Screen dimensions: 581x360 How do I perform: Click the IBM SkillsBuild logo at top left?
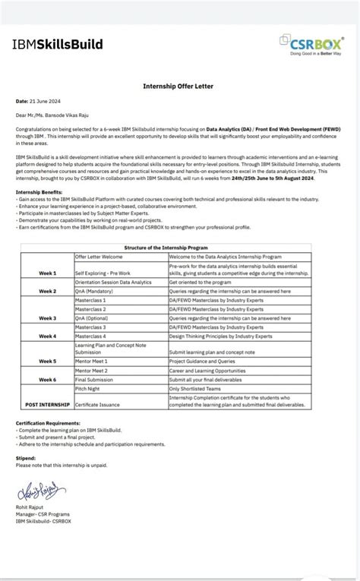(57, 45)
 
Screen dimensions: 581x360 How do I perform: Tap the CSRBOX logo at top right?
(310, 45)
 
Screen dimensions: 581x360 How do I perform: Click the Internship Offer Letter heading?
(180, 87)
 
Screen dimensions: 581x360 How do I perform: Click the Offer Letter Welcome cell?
(99, 257)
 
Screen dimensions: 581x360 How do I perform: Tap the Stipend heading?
(27, 459)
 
